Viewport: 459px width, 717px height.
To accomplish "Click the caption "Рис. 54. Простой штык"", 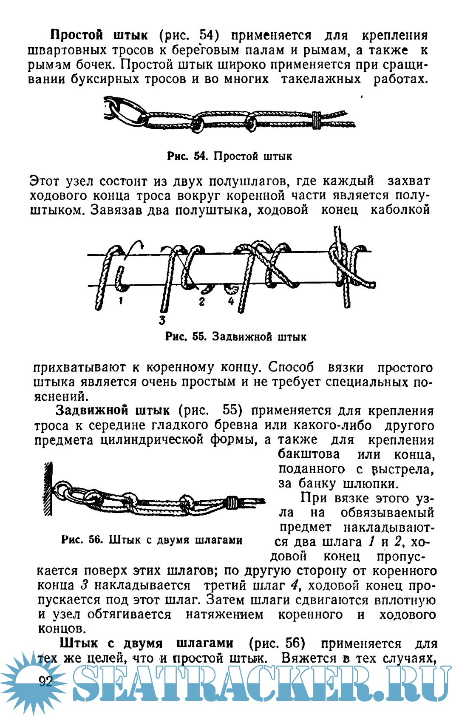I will (229, 156).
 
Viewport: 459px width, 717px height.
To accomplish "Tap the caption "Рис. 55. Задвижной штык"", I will (235, 337).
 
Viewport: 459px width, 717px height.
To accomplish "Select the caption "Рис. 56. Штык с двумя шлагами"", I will (152, 540).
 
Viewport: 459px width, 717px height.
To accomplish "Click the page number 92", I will (45, 681).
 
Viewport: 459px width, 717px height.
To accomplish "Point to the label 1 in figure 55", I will (121, 301).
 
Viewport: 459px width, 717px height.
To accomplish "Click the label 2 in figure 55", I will (201, 302).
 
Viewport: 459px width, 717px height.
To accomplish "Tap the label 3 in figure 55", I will (162, 320).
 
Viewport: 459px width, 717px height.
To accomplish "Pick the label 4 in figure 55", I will (231, 301).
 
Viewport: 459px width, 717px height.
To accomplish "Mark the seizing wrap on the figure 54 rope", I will (316, 120).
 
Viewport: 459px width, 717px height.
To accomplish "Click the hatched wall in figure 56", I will (48, 489).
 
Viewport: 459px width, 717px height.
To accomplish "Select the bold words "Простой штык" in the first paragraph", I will (99, 35).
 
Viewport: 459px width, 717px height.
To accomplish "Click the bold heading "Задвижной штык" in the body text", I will (113, 411).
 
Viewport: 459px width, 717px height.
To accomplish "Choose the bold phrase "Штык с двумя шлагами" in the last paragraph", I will (146, 643).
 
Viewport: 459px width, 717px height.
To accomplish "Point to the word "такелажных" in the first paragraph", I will (320, 79).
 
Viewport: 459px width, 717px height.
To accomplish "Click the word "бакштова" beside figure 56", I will (309, 454).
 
